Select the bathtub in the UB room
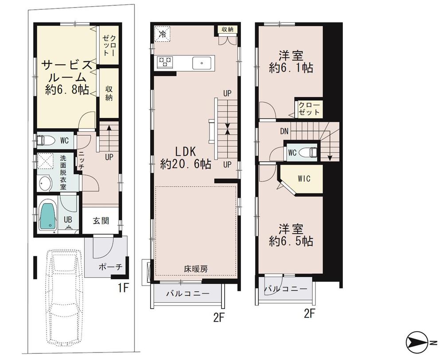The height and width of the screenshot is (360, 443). tap(47, 215)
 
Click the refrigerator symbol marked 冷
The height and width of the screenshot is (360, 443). tap(163, 34)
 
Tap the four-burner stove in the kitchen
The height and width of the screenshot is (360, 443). tap(164, 62)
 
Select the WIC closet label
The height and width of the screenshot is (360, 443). tap(303, 179)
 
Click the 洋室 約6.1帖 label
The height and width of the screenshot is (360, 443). tap(291, 62)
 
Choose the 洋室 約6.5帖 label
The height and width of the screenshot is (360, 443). tap(291, 235)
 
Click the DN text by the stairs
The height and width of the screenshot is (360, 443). tap(285, 131)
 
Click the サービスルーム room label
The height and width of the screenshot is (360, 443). tap(66, 77)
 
